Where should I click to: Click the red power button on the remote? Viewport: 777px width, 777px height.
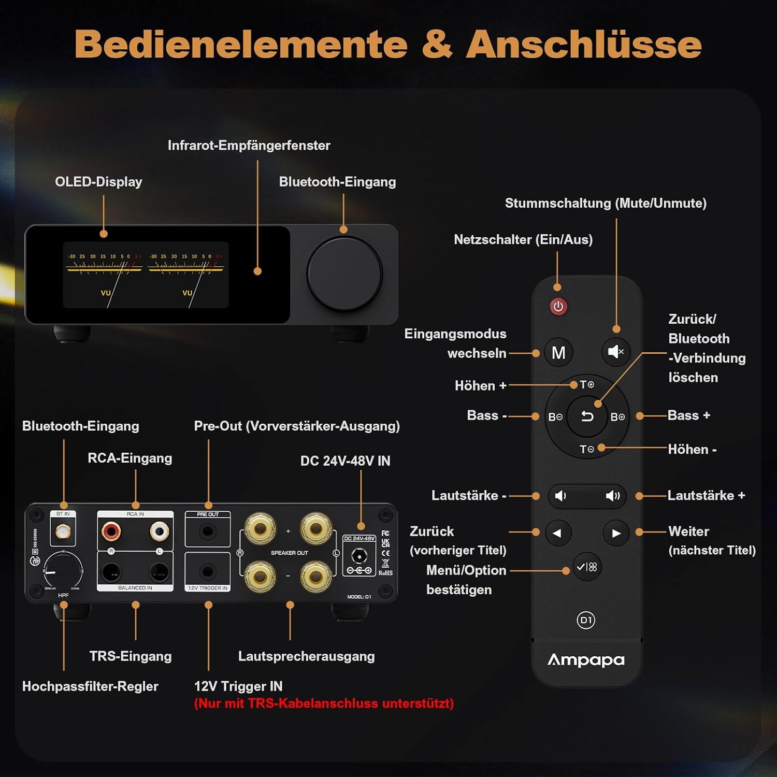point(558,307)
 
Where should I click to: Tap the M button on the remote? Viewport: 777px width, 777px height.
point(558,353)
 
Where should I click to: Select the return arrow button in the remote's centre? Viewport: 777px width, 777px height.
point(587,416)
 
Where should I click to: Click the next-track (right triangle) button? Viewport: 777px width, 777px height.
point(616,533)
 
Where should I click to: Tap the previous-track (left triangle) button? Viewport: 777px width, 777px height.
point(557,533)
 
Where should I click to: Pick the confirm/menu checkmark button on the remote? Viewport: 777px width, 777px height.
point(586,567)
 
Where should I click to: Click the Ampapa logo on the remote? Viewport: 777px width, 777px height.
point(586,660)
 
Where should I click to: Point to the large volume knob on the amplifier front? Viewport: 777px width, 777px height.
point(344,274)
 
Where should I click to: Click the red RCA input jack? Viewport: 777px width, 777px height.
point(111,531)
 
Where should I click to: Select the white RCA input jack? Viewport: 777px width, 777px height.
point(159,531)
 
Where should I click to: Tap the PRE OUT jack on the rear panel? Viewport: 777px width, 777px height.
point(208,531)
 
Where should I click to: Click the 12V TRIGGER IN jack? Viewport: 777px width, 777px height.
point(208,572)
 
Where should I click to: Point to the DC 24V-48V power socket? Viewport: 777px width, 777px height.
point(359,557)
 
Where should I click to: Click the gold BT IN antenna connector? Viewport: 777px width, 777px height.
point(63,531)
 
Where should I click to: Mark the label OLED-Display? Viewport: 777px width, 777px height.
point(98,182)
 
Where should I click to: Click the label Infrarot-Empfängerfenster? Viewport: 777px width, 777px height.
point(249,146)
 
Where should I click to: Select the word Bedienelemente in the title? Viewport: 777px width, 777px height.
point(241,45)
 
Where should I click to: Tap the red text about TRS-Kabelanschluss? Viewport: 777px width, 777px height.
point(324,703)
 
